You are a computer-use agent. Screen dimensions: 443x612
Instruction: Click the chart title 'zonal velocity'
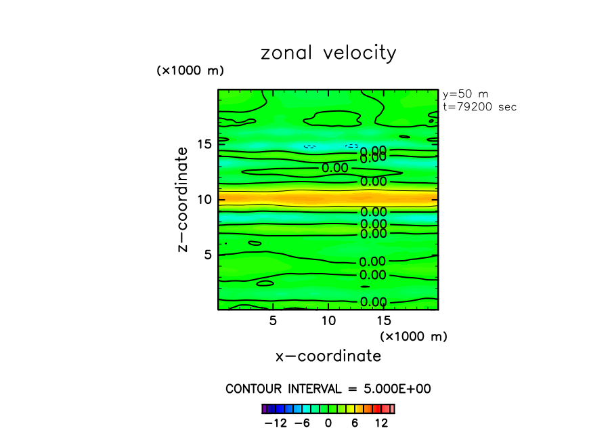328,54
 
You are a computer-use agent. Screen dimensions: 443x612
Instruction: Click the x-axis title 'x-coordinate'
328,356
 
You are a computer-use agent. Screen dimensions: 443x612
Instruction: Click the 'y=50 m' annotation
465,94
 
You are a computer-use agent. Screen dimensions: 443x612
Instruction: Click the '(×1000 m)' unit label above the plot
190,70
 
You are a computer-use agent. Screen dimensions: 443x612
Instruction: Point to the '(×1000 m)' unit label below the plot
414,336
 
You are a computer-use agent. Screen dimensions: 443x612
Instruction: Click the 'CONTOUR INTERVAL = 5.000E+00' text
328,389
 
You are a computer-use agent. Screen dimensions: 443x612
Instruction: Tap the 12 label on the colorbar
381,423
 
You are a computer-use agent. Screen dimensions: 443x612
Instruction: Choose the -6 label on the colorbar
303,423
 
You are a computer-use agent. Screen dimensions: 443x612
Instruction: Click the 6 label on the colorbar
355,423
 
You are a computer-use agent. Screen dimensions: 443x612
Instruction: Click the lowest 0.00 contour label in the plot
373,302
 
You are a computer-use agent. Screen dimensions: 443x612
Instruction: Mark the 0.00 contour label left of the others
335,168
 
